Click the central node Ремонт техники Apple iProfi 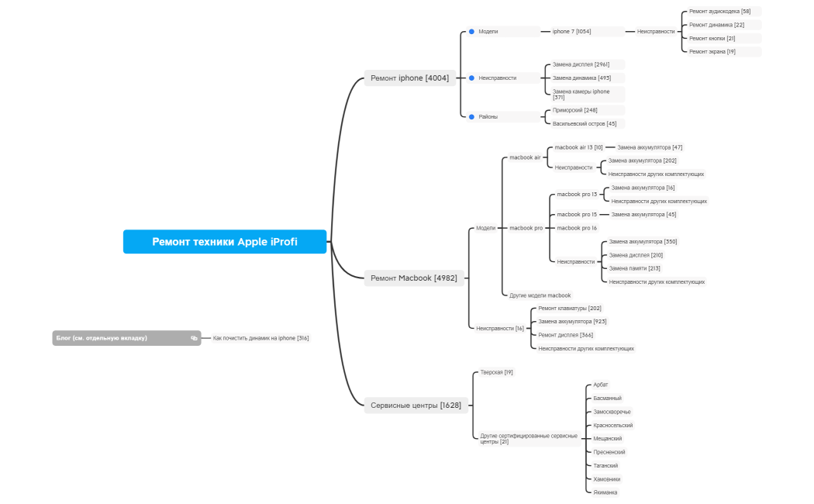(225, 242)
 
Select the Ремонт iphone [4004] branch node (409, 78)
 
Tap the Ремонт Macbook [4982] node (414, 278)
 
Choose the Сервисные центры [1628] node (416, 406)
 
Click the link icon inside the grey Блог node (194, 338)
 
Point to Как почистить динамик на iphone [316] (260, 338)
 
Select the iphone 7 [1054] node (571, 32)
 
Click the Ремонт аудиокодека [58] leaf (719, 12)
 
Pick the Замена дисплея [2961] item (581, 64)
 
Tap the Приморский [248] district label (574, 110)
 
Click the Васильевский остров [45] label (585, 123)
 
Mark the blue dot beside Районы (471, 117)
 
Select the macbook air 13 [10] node (578, 147)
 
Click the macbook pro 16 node (577, 228)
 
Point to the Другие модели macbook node (540, 295)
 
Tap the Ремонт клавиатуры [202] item (570, 309)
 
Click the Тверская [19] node (496, 372)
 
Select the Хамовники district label (606, 479)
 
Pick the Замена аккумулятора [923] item (572, 322)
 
